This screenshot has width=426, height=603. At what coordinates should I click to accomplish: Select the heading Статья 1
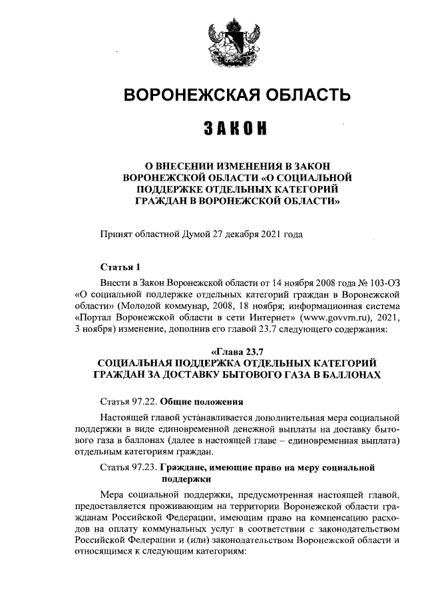(x=119, y=268)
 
